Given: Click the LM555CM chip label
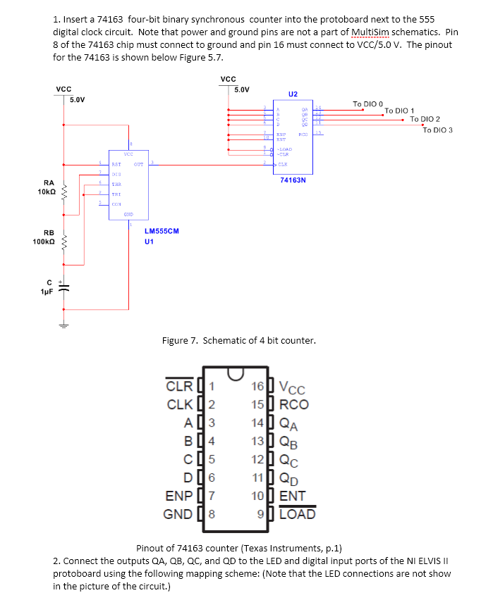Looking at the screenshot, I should click(x=162, y=231).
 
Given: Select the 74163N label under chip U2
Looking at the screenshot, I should click(x=293, y=180).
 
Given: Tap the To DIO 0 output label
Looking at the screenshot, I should click(x=367, y=104).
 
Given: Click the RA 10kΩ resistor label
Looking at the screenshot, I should click(x=48, y=187).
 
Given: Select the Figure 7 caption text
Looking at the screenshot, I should click(x=238, y=341).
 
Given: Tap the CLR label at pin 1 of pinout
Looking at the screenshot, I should click(x=178, y=386).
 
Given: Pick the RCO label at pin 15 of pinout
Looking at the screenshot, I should click(x=293, y=404).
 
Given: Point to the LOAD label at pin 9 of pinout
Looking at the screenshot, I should click(x=298, y=513).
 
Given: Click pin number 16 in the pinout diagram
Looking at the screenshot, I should click(x=258, y=386).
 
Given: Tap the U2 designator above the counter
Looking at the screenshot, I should click(x=293, y=94).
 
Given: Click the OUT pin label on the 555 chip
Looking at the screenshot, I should click(x=138, y=163).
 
